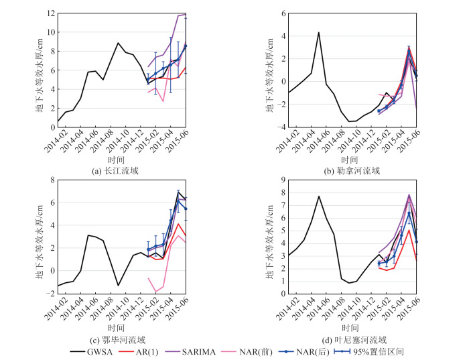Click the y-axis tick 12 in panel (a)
pos(51,13)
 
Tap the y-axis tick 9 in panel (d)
pos(282,180)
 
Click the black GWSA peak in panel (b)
pos(318,32)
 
